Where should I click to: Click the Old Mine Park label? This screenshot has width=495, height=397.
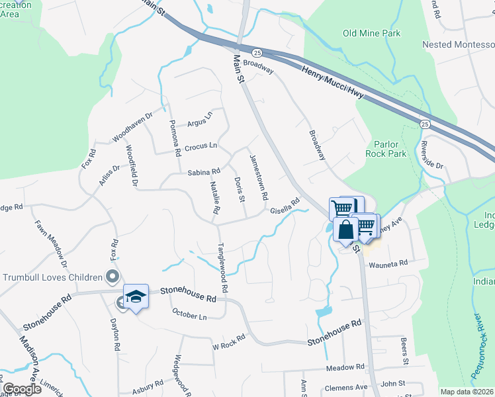coord(371,33)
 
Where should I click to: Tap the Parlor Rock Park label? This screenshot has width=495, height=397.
coord(386,148)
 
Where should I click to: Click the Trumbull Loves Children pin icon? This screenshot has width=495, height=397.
coord(112,277)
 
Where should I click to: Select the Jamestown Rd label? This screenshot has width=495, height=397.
coord(258,177)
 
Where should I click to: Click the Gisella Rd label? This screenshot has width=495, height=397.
coord(285,207)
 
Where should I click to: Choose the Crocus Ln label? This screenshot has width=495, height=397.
coord(201,146)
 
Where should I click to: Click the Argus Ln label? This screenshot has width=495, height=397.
coord(199,122)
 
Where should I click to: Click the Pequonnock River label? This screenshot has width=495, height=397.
coord(484,353)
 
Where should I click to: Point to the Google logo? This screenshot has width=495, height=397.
coord(22,389)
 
